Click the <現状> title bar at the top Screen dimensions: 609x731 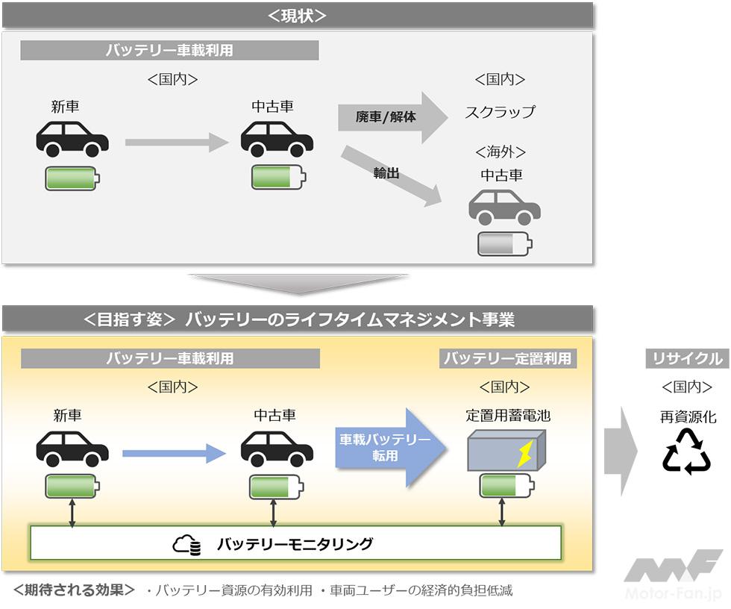click(297, 15)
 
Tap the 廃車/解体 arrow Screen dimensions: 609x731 click(391, 117)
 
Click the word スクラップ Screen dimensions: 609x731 click(500, 112)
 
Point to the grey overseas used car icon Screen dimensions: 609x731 click(504, 207)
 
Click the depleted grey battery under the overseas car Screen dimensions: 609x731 click(505, 243)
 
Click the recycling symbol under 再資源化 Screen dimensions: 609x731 click(686, 452)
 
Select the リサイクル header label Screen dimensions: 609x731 click(686, 359)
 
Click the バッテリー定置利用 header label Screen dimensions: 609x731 click(507, 358)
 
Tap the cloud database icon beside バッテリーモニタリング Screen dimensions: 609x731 click(187, 546)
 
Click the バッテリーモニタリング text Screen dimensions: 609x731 click(295, 544)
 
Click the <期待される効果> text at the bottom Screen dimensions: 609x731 click(74, 590)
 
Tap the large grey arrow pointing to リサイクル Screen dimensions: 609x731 click(621, 451)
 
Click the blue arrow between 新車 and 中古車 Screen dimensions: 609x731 click(174, 453)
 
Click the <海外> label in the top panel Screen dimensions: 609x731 click(500, 152)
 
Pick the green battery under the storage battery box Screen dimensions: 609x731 click(506, 486)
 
